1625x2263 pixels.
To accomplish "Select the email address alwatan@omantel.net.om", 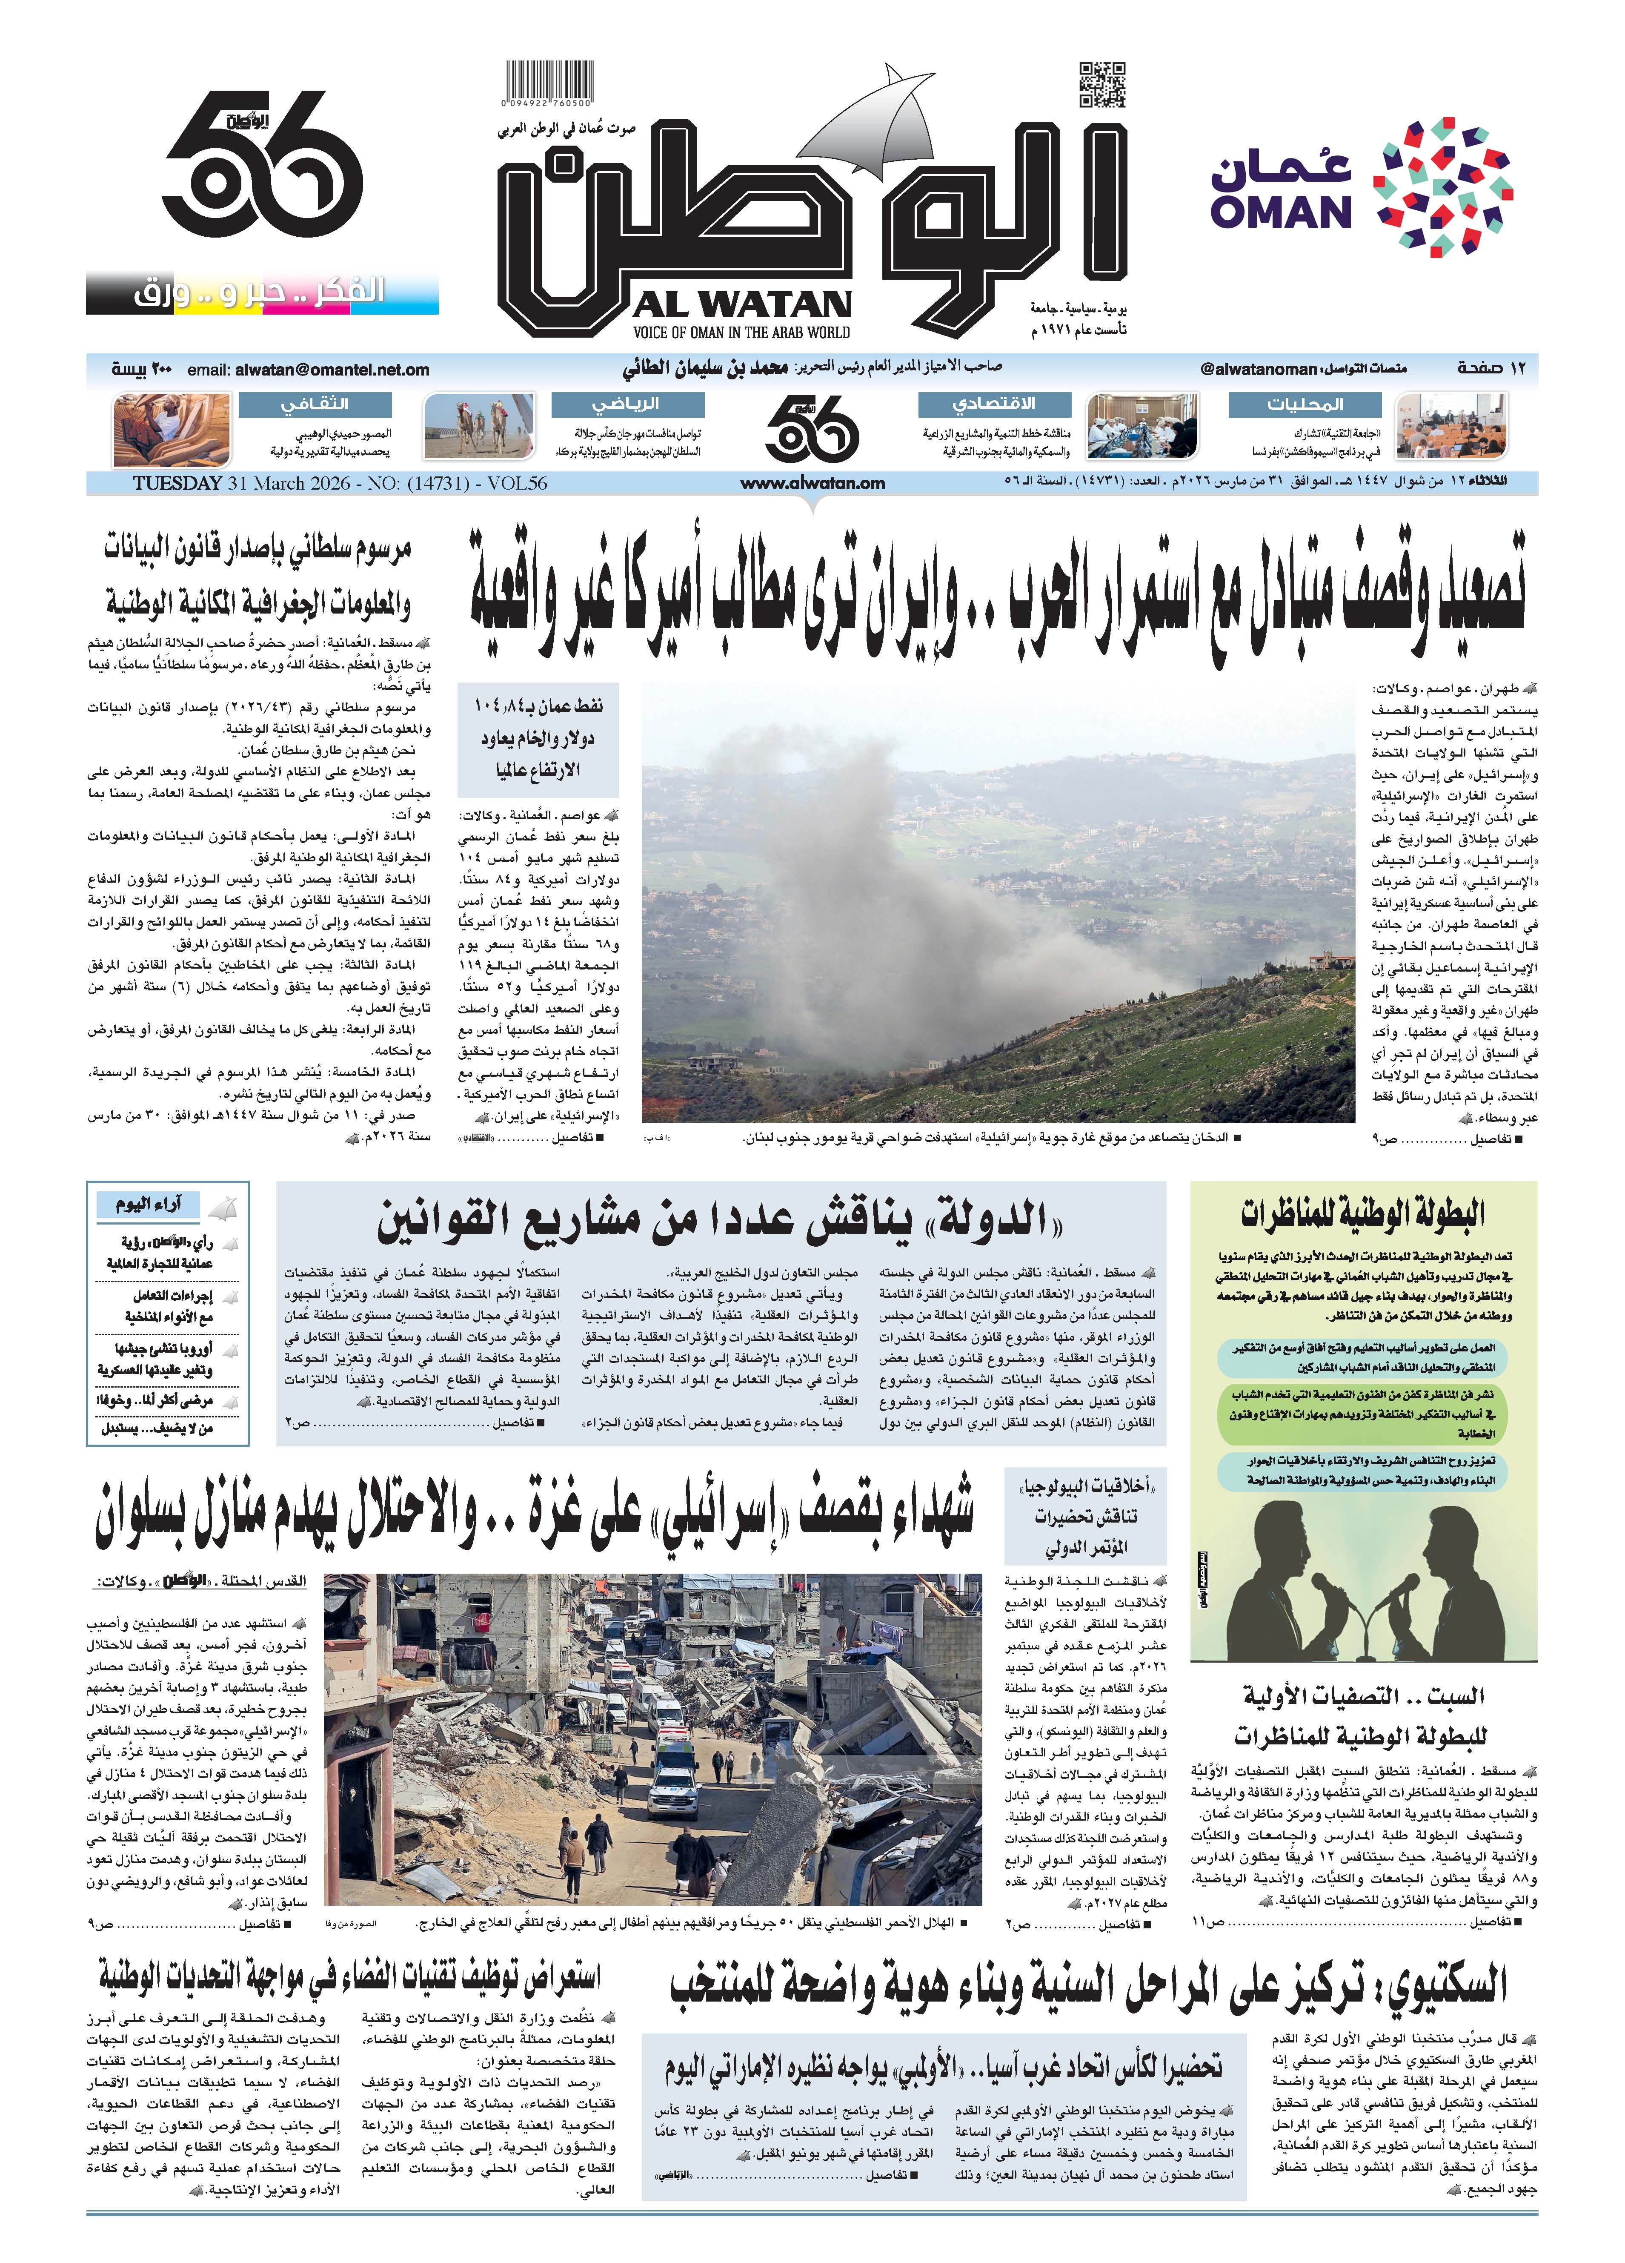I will pos(332,369).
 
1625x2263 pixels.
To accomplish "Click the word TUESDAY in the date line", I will pos(177,483).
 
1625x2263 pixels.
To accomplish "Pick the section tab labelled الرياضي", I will pos(627,404).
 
